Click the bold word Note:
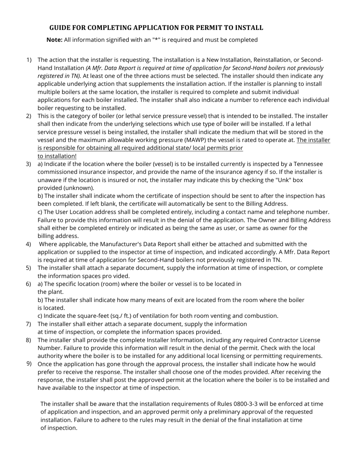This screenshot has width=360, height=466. coord(54,40)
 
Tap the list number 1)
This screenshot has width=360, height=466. coord(29,60)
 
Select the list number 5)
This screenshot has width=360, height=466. coord(29,268)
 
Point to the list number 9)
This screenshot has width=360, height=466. coord(29,364)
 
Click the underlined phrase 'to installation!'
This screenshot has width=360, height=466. coord(57,156)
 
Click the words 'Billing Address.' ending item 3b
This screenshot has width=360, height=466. coord(266,204)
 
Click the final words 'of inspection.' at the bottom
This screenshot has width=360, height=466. coord(59,428)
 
